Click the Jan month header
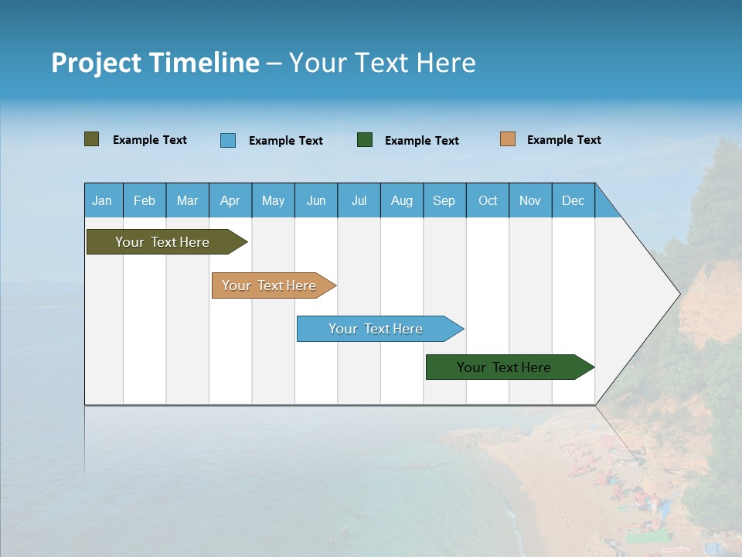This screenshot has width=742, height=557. pos(103,200)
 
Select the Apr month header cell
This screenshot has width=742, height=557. pos(230,200)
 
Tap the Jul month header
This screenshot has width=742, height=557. pos(359,200)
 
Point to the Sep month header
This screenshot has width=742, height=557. pos(444,200)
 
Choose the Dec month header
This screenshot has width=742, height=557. pos(573,200)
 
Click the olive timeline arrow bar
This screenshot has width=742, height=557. pos(162,242)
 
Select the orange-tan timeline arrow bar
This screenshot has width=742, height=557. pos(269,285)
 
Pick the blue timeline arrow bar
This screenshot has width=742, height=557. pos(376,329)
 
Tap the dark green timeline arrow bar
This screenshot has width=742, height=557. pos(504,367)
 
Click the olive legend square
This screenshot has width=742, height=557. pos(91,139)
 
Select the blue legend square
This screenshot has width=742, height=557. pos(227,140)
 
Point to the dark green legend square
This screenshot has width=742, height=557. pos(365,140)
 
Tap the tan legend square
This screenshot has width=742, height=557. pos(507,139)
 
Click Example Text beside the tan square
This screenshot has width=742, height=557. pos(563,139)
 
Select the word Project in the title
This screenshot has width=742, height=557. pos(97,63)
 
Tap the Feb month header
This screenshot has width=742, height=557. pos(145,200)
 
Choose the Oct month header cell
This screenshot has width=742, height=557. pos(488,200)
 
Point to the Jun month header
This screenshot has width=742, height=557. pos(316,200)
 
